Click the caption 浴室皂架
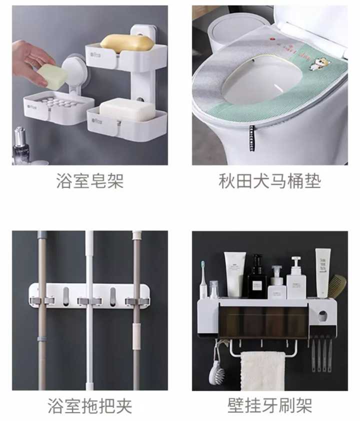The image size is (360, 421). point(90,180)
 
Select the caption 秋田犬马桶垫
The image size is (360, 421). point(270,180)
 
